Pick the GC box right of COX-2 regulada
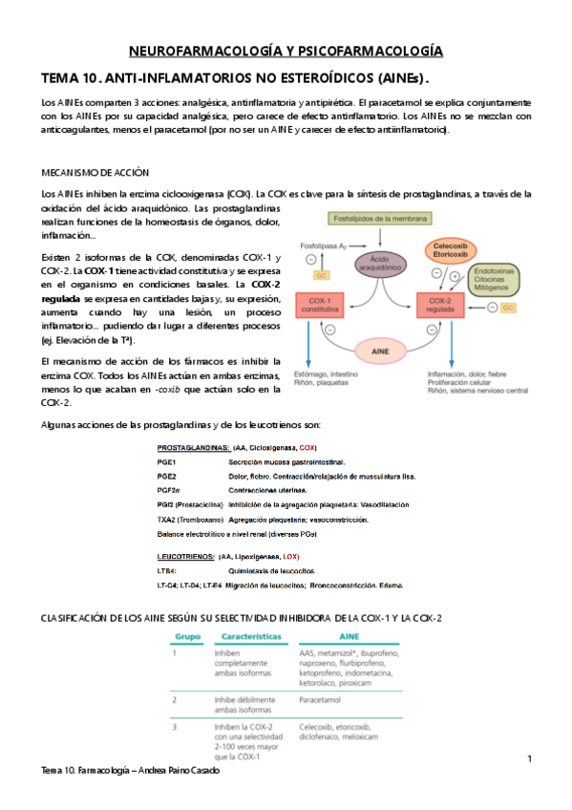click(508, 308)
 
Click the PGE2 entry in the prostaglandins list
click(167, 475)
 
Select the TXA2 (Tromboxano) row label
click(189, 517)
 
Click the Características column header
click(253, 634)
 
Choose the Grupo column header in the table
click(186, 634)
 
